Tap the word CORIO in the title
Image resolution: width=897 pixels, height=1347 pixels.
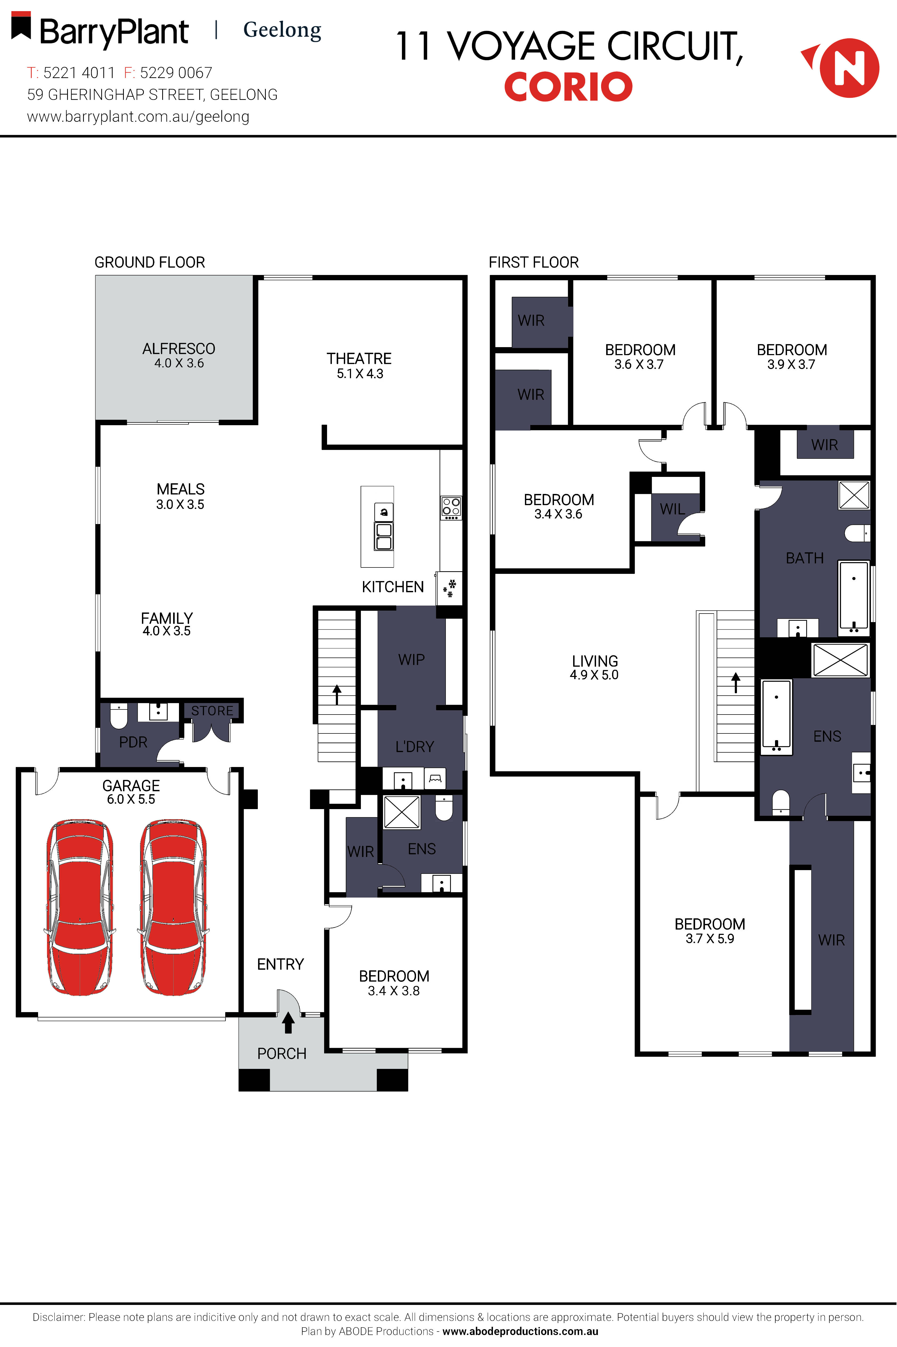[568, 87]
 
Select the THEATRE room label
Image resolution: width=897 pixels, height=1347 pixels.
[359, 359]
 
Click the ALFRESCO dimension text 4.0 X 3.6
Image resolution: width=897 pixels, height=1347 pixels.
[179, 363]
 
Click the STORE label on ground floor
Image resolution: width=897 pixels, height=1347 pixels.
[212, 711]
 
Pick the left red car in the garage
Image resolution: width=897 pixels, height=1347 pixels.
[80, 907]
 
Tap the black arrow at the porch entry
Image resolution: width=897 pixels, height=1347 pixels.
[288, 1023]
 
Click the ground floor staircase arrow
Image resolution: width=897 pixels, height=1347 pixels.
[337, 694]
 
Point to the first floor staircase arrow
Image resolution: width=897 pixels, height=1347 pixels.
[736, 683]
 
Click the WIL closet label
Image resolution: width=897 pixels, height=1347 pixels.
[672, 509]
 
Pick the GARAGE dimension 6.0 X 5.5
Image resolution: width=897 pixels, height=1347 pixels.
[131, 800]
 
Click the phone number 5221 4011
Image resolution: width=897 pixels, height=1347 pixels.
[79, 73]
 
